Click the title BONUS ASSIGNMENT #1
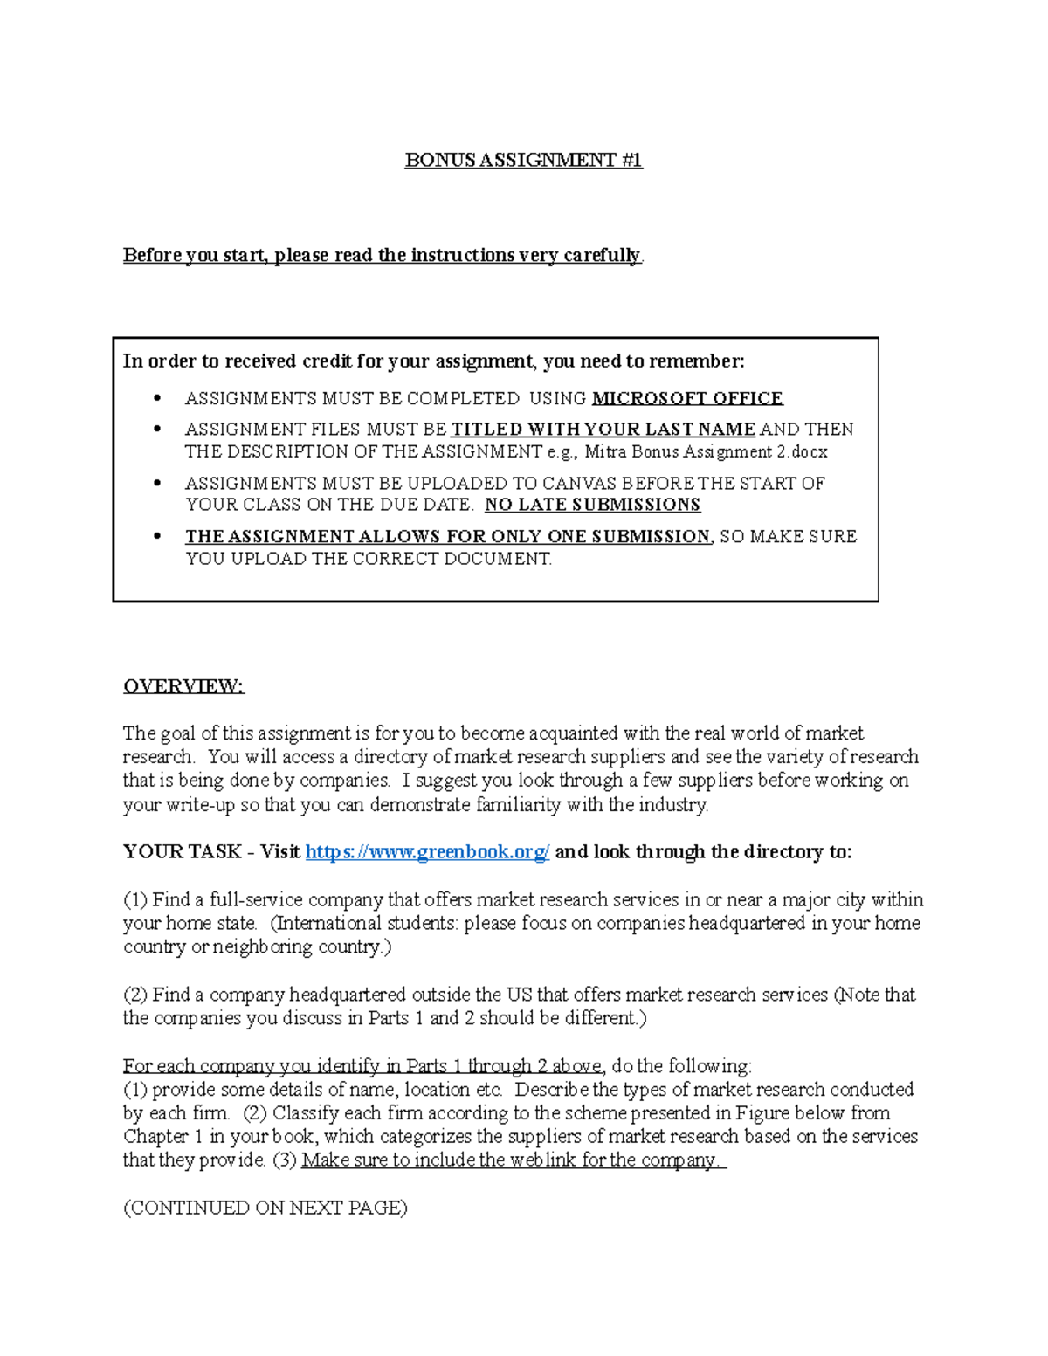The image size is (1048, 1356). [x=523, y=160]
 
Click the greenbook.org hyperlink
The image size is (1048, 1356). [x=427, y=852]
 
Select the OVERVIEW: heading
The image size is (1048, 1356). [x=183, y=686]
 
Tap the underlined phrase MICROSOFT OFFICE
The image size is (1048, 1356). [x=687, y=398]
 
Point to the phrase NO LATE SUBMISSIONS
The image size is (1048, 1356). [x=592, y=505]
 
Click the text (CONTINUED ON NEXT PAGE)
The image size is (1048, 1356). [x=265, y=1208]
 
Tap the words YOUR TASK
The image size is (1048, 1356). [x=182, y=852]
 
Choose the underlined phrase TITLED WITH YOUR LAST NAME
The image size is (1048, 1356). [x=603, y=430]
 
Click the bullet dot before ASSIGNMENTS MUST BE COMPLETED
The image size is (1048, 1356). [x=157, y=398]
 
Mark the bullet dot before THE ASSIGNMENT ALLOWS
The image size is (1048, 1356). [x=157, y=536]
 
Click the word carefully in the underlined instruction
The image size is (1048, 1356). [x=601, y=255]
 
